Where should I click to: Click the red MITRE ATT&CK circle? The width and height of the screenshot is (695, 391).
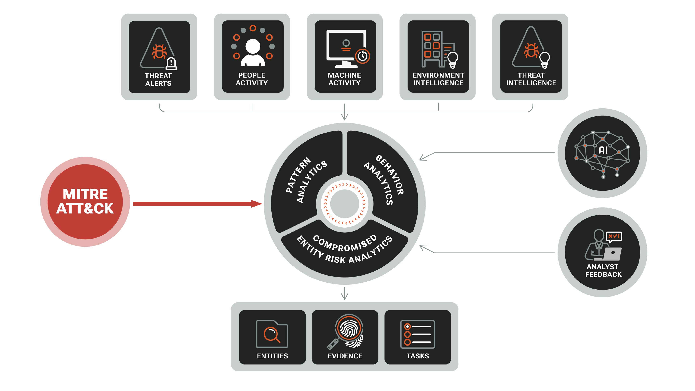click(85, 202)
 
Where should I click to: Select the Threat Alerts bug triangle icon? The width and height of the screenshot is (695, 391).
click(158, 49)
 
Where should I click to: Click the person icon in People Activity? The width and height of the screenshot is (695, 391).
click(253, 53)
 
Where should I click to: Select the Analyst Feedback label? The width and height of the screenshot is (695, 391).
click(603, 271)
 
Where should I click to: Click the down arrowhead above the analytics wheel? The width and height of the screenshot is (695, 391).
click(345, 117)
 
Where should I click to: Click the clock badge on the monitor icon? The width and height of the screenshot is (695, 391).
click(362, 56)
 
